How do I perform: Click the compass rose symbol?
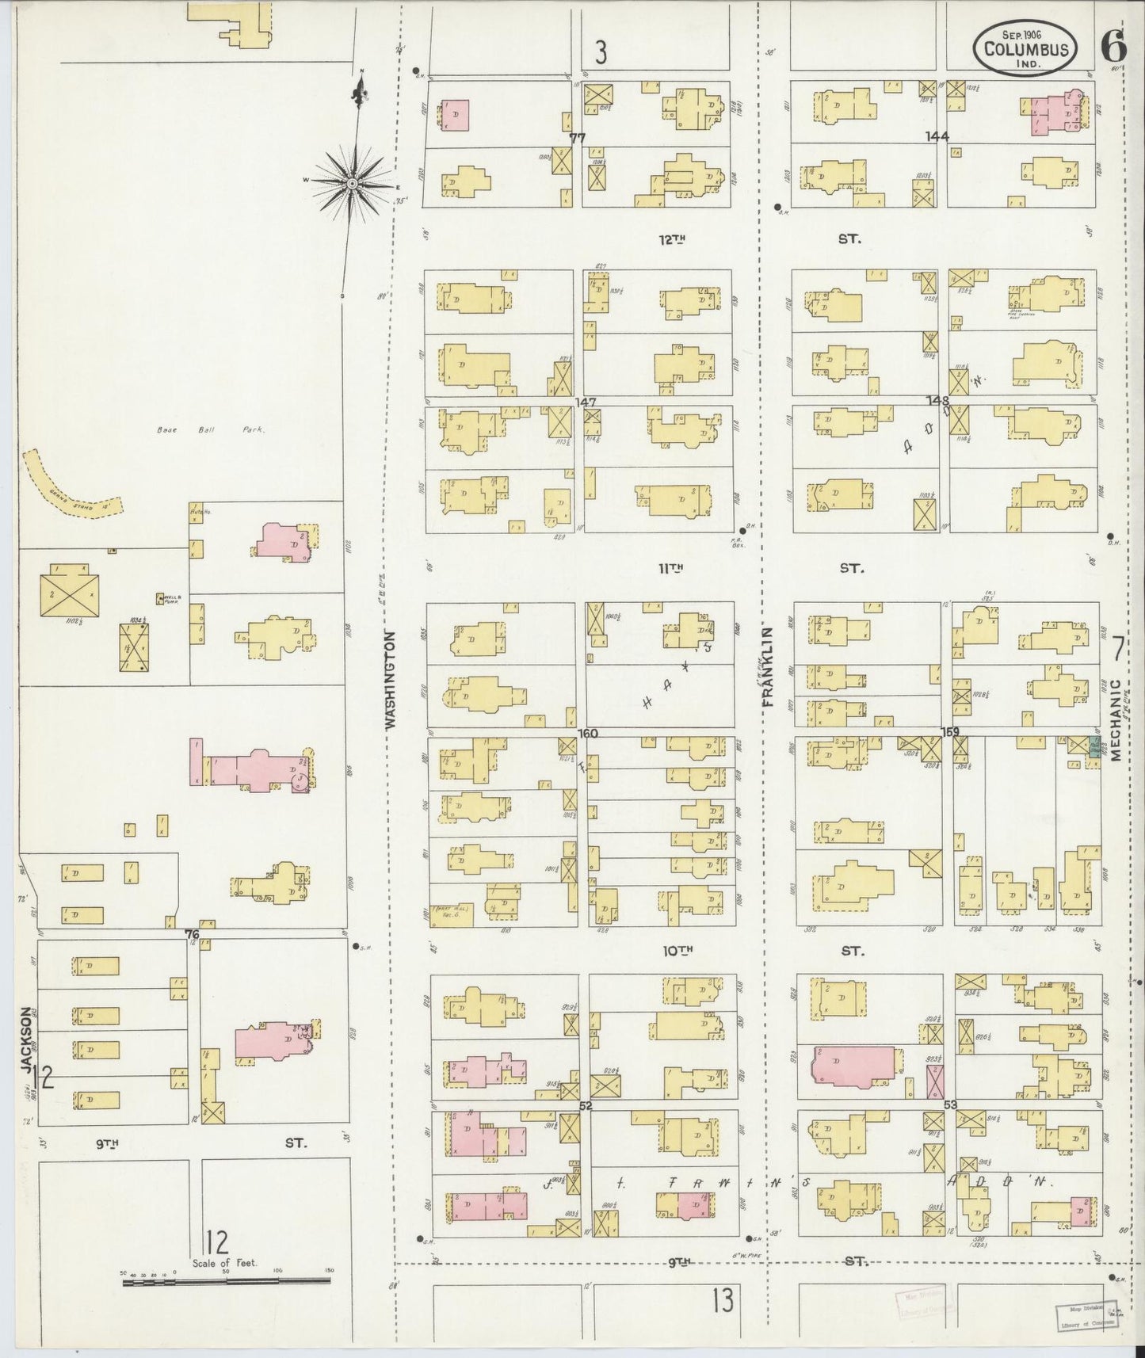351,183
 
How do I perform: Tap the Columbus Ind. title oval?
1025,49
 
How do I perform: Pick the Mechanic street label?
1116,719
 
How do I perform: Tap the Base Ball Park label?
209,430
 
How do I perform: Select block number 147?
586,402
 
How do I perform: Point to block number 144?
937,136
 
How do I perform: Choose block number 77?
577,137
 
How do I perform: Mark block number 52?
586,1105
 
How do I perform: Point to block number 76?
191,933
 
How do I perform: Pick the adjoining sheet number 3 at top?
601,52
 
